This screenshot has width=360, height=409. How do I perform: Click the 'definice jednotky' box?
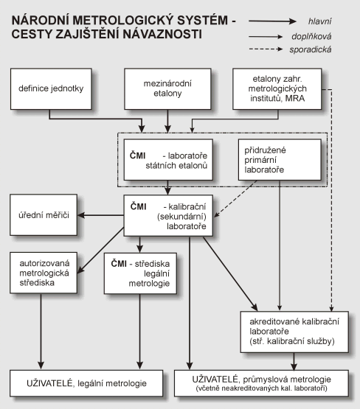tap(51, 89)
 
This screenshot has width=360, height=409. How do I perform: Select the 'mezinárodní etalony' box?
tap(167, 89)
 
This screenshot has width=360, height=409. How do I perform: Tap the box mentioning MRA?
tap(277, 89)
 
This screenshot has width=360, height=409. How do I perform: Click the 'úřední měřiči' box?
tap(44, 215)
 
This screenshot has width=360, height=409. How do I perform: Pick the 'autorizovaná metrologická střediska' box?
tap(44, 273)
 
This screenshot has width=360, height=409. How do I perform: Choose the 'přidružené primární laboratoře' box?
tap(280, 160)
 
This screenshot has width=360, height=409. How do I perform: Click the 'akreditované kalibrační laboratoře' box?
tap(294, 332)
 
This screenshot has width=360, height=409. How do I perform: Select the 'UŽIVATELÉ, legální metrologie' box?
tap(86, 383)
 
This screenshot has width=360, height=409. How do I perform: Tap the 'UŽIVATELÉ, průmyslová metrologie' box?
tap(261, 383)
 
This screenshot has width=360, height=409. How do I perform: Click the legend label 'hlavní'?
tap(320, 21)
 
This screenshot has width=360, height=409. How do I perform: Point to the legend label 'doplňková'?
tap(311, 36)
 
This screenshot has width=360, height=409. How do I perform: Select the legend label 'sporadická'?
tap(311, 49)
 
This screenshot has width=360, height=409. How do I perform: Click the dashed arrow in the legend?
tap(266, 49)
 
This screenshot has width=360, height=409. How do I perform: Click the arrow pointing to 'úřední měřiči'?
tap(101, 215)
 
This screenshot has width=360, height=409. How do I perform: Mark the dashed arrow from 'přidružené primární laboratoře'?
tap(235, 199)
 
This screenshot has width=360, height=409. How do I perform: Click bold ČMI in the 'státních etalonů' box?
tap(137, 155)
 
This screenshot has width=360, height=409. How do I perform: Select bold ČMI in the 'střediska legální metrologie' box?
tap(119, 264)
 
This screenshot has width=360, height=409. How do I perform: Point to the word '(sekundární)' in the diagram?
tap(181, 217)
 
